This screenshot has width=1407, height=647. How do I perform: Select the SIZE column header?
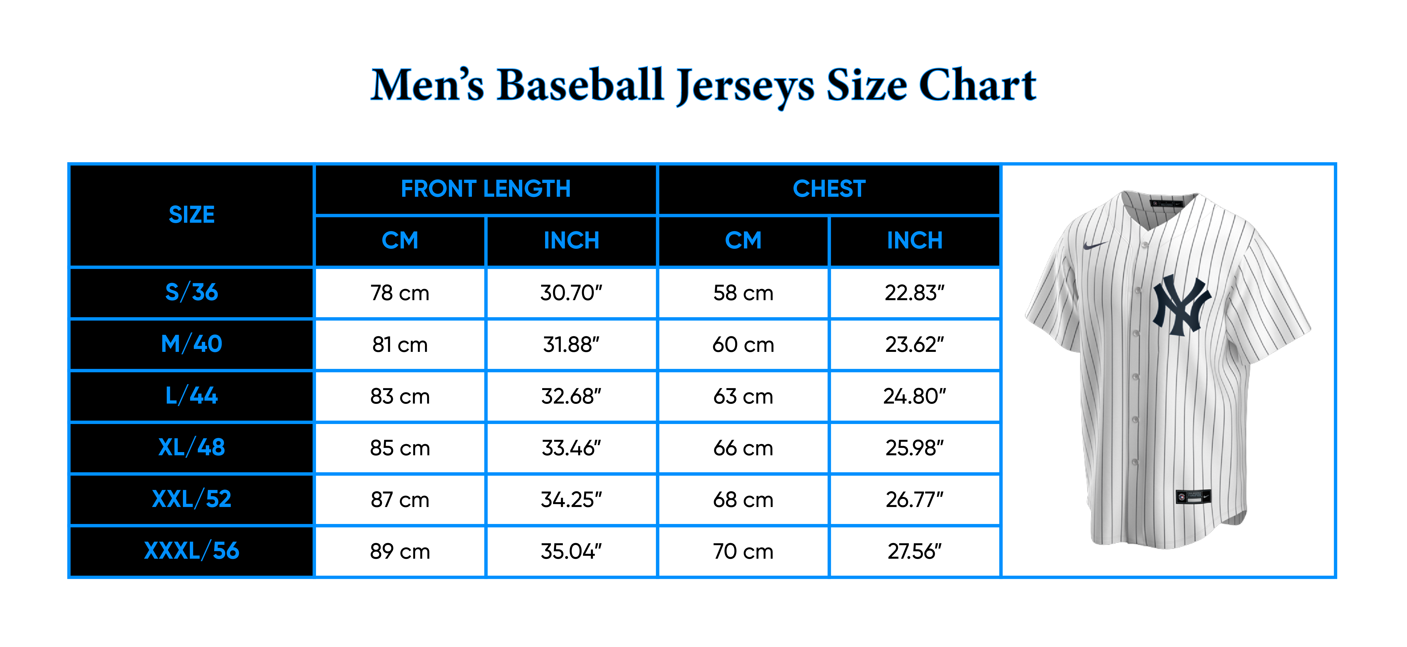[192, 215]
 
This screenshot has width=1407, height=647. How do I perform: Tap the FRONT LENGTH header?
[485, 189]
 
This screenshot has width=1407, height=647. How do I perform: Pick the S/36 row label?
[192, 292]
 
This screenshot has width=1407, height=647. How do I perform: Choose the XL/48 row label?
[192, 448]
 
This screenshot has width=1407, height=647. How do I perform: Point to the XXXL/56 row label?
[192, 551]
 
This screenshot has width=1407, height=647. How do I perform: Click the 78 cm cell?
[400, 293]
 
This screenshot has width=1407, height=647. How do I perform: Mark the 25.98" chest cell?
[914, 448]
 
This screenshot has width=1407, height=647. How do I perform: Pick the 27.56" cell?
[914, 551]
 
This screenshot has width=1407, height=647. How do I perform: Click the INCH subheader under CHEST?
[914, 241]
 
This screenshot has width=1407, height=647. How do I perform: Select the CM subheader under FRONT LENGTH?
[400, 241]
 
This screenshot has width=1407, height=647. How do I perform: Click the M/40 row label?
[192, 344]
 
